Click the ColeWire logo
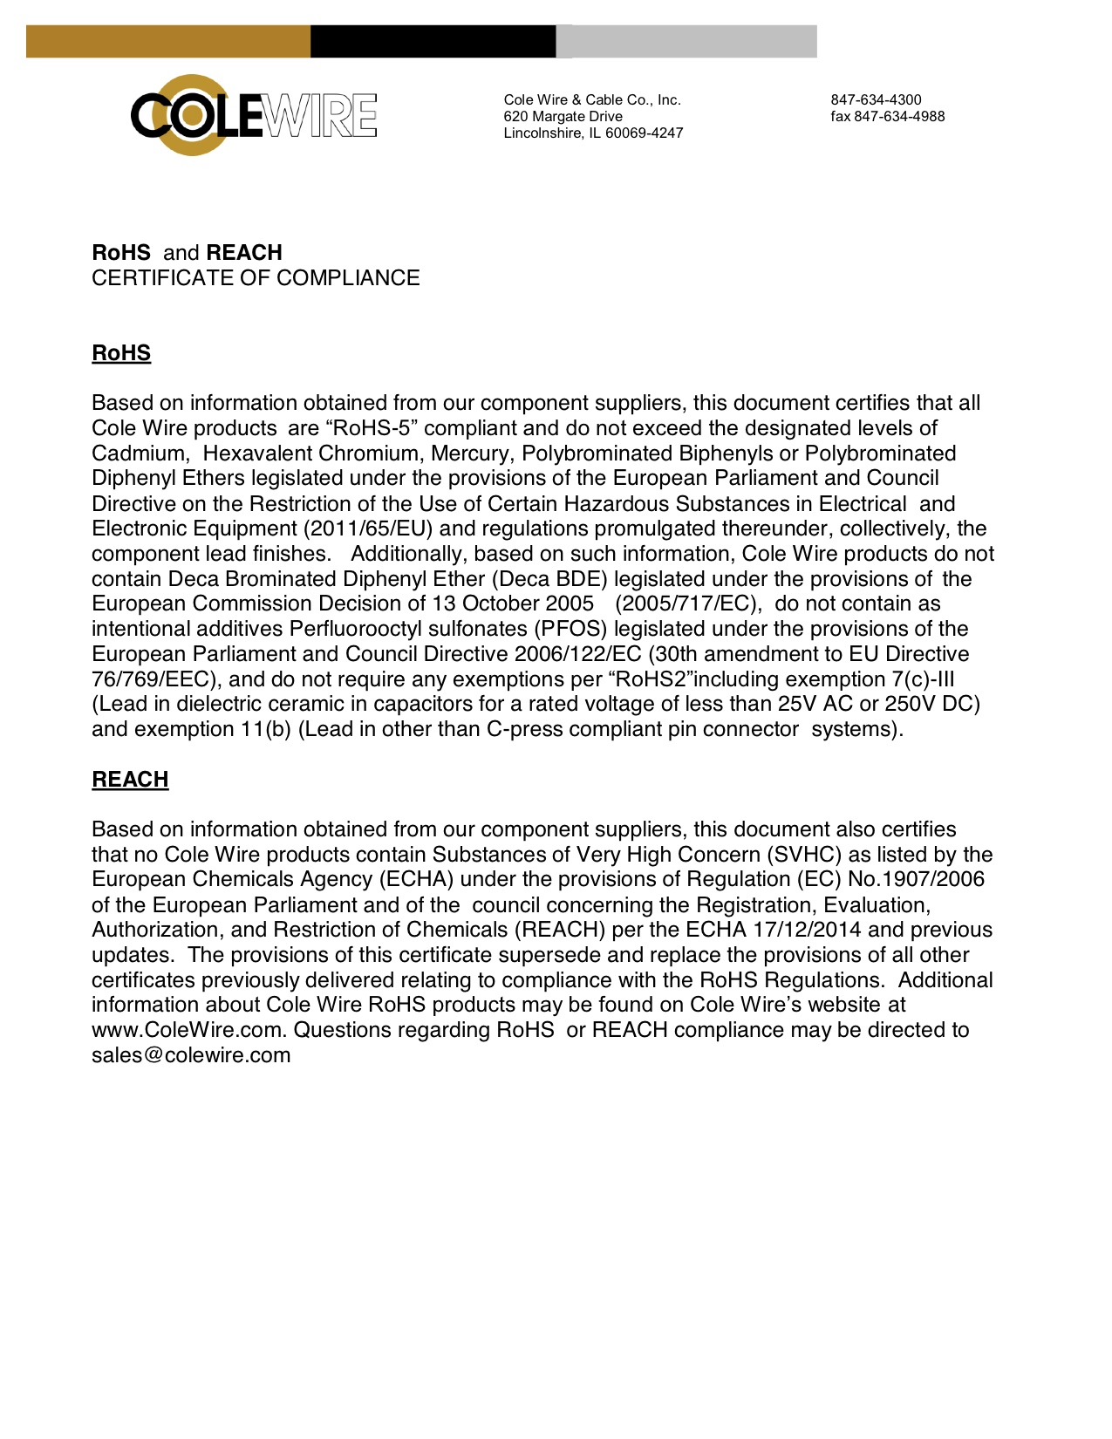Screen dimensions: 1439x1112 pos(253,115)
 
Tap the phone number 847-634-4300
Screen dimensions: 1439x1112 pos(876,100)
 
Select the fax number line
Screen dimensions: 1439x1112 pos(887,117)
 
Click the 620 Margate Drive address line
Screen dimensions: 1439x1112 pos(563,117)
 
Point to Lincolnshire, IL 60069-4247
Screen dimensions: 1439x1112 pos(593,133)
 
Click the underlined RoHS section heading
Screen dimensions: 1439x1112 pos(121,353)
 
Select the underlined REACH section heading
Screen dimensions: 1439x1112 pos(130,780)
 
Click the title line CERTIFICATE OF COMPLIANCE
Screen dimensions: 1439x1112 pos(256,278)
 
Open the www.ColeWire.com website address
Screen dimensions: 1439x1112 pos(187,1030)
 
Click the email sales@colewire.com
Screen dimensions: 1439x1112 pos(191,1055)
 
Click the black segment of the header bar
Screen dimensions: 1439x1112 pos(433,42)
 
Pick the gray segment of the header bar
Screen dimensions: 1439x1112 pos(686,42)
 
